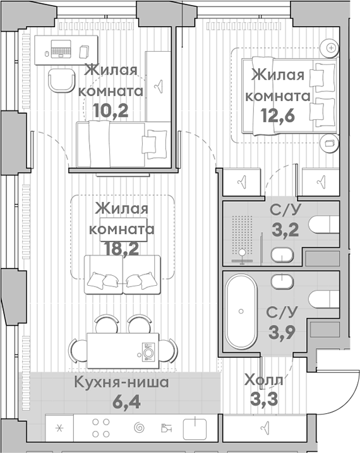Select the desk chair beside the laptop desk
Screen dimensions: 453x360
[x=62, y=79]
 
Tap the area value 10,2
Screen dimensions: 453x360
[x=111, y=110]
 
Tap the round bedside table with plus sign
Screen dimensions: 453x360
[x=330, y=47]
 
